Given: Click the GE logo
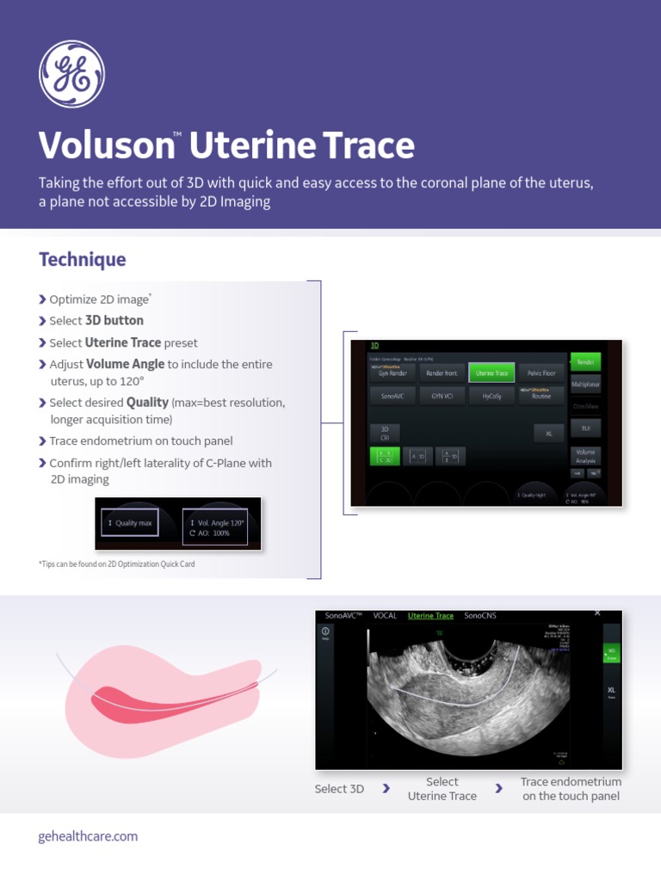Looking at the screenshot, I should point(71,74).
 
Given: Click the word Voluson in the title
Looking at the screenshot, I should point(105,146).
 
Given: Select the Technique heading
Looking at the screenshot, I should point(82,259).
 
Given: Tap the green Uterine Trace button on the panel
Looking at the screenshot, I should point(491,373).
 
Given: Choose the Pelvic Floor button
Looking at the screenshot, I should point(541,373).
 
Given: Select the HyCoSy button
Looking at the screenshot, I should point(491,396).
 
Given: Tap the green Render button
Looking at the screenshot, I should point(585,362).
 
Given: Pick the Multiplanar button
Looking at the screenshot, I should point(585,385).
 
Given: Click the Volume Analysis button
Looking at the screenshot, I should point(585,455).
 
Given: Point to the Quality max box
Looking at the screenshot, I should point(128,522).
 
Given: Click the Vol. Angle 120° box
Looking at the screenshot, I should point(215,527).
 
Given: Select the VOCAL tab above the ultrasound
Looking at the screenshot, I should point(385,616).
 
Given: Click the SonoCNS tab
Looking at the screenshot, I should point(480,616).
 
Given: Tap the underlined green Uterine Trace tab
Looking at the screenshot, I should point(430,616).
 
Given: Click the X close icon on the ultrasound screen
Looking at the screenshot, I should point(598,613).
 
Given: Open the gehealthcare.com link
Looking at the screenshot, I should point(88,836).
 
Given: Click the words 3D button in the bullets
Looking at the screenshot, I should point(114,321).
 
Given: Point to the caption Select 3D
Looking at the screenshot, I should point(339,789).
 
